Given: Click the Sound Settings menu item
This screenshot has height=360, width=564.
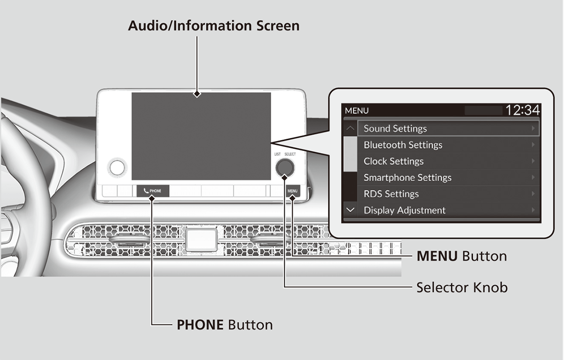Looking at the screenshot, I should (395, 128).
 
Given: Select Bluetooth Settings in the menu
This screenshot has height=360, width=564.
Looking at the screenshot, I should (403, 145).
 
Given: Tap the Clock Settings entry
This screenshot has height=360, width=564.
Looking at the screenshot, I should (393, 161).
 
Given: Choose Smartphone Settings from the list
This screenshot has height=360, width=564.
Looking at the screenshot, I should (407, 178).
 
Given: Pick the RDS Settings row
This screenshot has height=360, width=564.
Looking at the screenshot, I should (391, 194).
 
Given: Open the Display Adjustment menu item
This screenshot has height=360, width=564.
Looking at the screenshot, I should (404, 210).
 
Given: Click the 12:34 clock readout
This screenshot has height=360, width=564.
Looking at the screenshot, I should (522, 110).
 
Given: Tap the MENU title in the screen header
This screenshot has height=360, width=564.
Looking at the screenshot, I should (357, 111).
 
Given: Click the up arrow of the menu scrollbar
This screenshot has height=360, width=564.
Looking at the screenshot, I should (350, 128).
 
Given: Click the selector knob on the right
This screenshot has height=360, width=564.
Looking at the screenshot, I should (285, 167).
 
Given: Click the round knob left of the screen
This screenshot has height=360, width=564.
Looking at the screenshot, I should (117, 167).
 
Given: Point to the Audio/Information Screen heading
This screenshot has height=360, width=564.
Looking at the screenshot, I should (213, 25).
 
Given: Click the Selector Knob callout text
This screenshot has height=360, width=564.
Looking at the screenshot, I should (462, 287).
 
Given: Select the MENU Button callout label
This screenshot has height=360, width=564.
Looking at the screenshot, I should (462, 256).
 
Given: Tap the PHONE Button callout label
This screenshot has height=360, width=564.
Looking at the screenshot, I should (224, 324).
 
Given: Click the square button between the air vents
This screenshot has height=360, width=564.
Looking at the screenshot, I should (201, 239).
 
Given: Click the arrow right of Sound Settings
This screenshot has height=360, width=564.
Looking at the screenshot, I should (533, 128).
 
